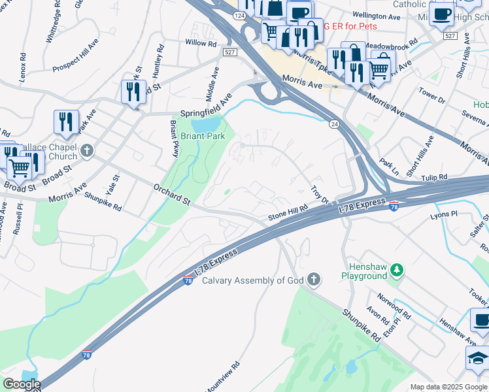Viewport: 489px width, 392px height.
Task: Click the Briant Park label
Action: (x=203, y=136)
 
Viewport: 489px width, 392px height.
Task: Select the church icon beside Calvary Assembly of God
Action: (x=314, y=280)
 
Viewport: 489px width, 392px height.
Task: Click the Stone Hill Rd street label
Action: (x=288, y=216)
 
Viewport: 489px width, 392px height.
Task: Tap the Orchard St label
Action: (x=172, y=194)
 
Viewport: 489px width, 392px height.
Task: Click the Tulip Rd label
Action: (x=433, y=177)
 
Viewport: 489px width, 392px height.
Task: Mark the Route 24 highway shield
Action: (x=333, y=124)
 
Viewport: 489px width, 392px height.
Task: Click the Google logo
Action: (x=21, y=385)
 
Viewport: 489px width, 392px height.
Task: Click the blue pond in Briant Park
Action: (x=207, y=124)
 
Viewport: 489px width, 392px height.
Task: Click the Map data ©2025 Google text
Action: (x=448, y=387)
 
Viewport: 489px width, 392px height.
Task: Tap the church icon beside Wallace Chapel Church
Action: (x=86, y=151)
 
